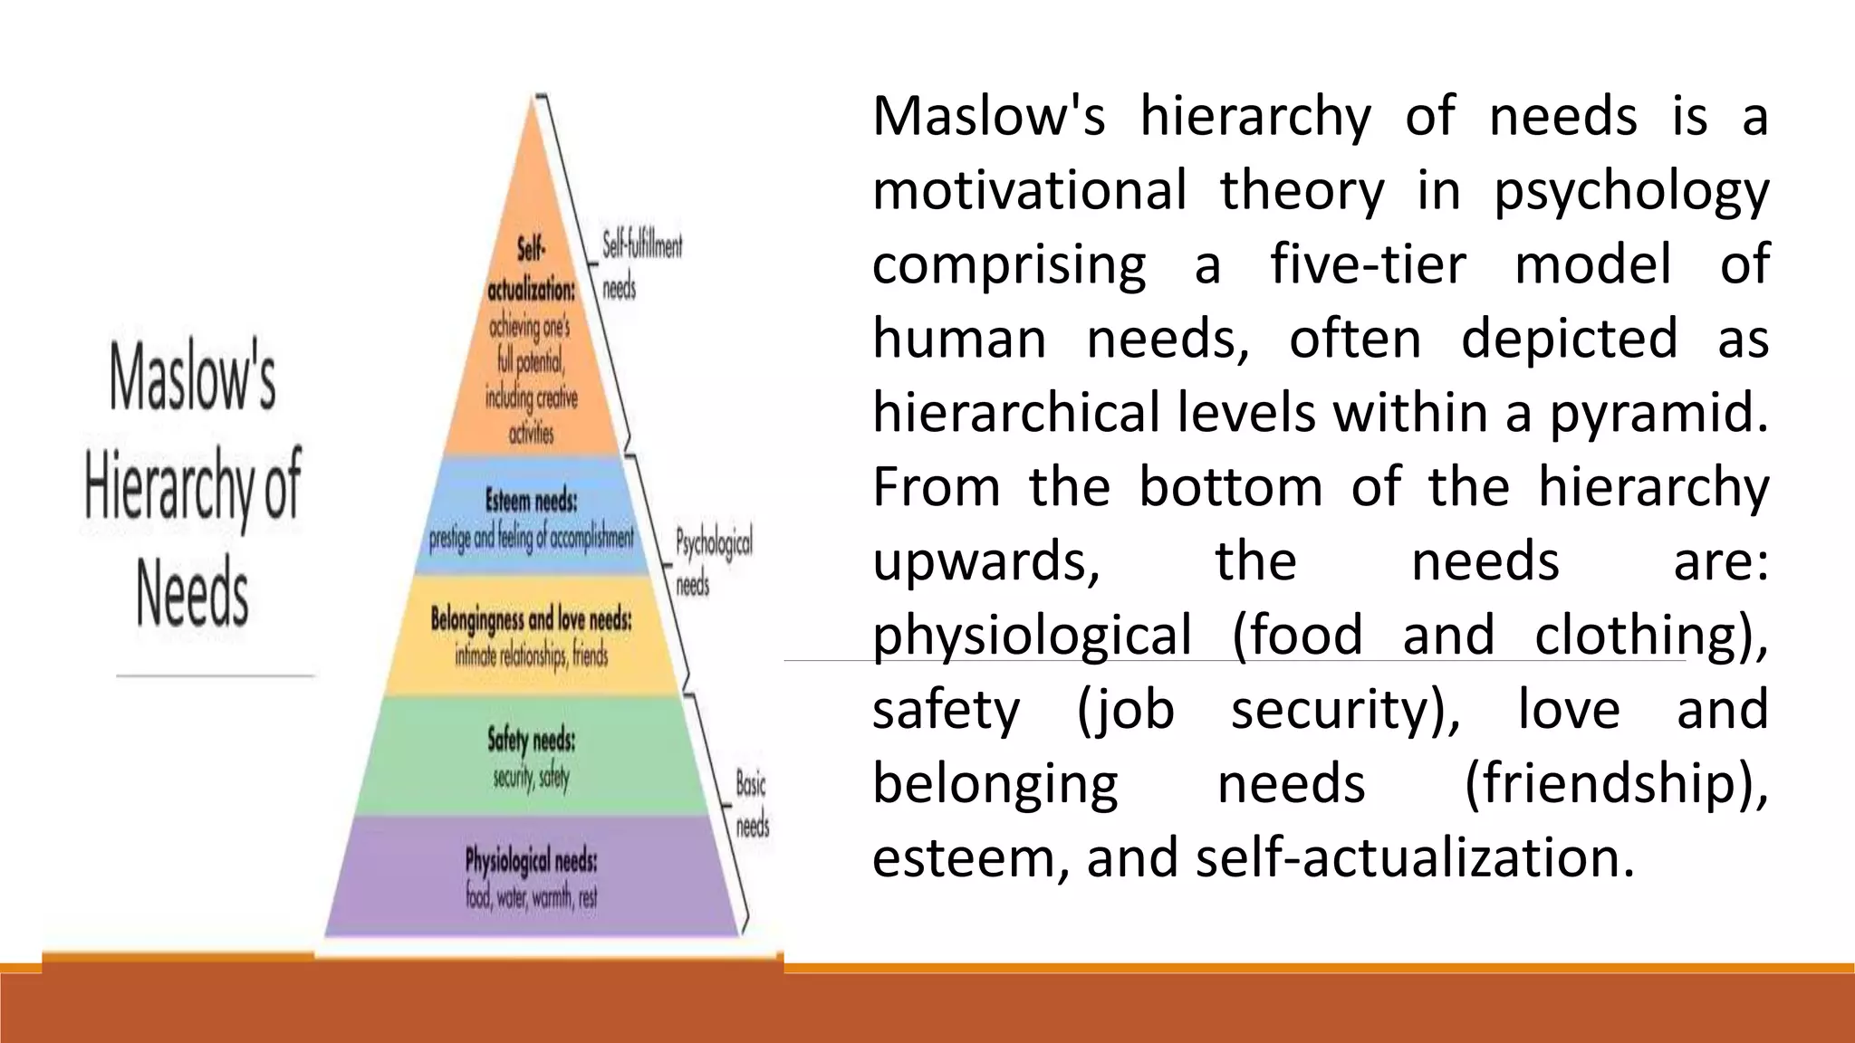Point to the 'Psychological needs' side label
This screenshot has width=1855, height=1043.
[713, 562]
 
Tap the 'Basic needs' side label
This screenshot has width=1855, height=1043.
[752, 804]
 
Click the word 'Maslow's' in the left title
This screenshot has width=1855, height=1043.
[192, 378]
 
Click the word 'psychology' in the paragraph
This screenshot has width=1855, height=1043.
[1630, 192]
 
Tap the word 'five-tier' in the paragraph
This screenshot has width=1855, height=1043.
[1367, 265]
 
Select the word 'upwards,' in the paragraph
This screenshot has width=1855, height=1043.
[986, 561]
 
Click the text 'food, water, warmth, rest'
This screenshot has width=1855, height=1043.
[532, 898]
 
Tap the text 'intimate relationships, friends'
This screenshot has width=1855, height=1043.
[532, 655]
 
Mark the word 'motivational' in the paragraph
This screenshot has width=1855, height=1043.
[1029, 191]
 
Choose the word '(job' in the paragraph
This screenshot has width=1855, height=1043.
[1125, 710]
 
